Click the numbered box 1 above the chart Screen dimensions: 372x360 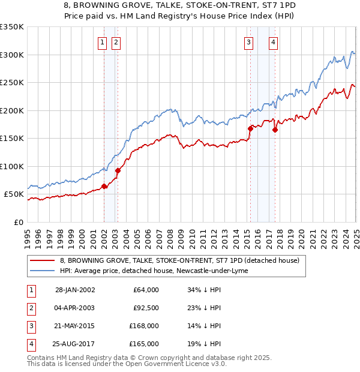(x=103, y=42)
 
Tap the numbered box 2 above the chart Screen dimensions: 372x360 (x=115, y=42)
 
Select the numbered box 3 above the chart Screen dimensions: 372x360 (x=248, y=42)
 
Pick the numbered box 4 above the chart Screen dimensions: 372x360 (x=273, y=42)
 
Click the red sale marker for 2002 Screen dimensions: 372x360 (x=104, y=186)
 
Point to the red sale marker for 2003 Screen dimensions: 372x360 (x=118, y=170)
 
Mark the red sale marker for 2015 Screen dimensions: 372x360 (x=250, y=128)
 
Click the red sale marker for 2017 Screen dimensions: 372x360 (x=275, y=130)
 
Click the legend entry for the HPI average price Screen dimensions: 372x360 (x=158, y=271)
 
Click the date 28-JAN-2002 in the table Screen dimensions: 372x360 (x=75, y=290)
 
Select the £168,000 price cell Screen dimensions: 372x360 (x=144, y=326)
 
